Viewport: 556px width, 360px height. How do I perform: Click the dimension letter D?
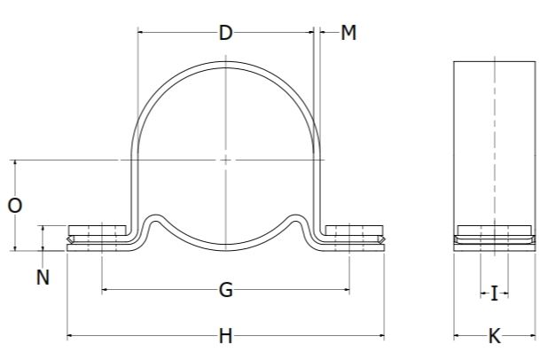click(x=225, y=34)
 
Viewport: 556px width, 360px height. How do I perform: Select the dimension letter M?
click(x=348, y=34)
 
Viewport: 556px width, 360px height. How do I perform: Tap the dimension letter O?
click(x=15, y=206)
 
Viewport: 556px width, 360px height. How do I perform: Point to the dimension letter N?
click(x=42, y=278)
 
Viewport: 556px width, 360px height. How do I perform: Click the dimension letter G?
click(x=225, y=289)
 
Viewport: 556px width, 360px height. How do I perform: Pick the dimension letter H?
click(x=225, y=336)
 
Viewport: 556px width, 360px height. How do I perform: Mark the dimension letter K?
click(x=494, y=336)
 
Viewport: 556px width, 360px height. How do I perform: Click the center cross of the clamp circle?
click(x=226, y=160)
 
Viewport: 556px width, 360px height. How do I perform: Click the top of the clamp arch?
click(x=226, y=64)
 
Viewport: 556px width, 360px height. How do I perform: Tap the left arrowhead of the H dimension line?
click(x=71, y=336)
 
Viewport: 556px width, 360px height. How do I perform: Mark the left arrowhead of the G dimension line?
click(x=106, y=289)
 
